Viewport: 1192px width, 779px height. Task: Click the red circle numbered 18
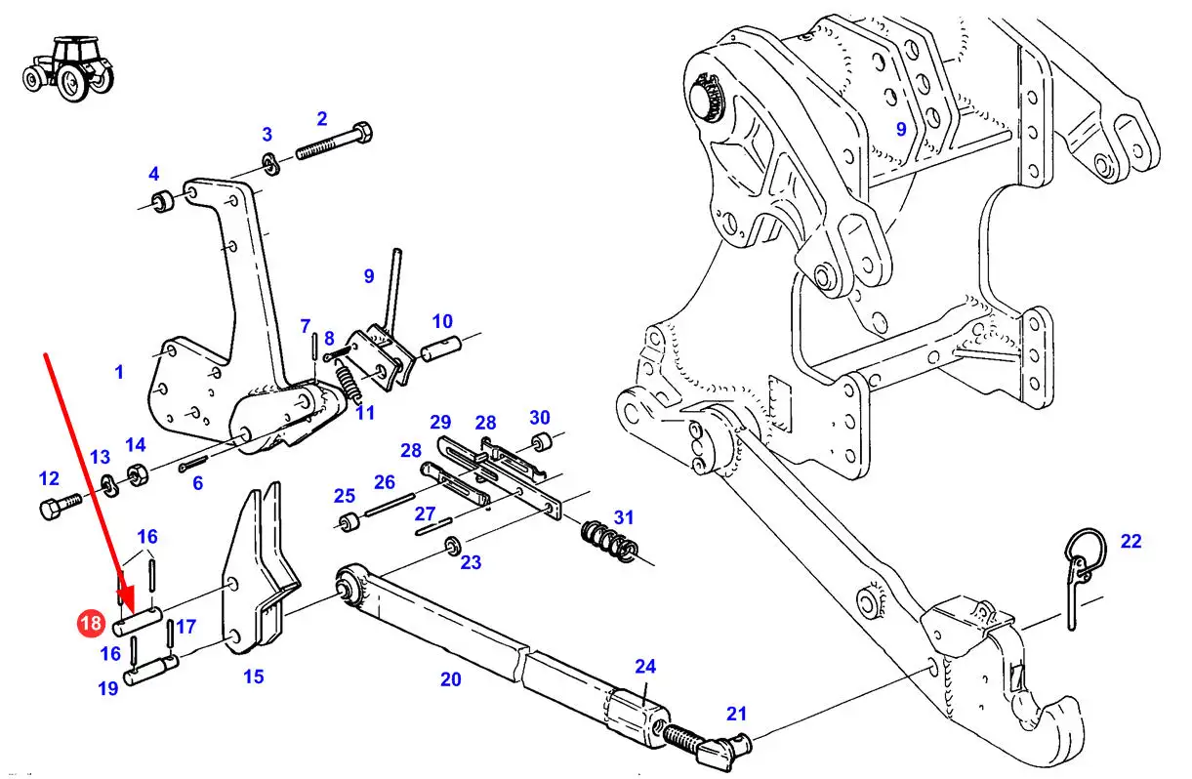click(91, 623)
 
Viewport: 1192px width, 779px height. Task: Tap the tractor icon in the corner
click(68, 68)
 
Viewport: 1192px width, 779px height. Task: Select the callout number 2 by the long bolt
click(322, 119)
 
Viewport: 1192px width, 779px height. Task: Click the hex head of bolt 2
click(362, 132)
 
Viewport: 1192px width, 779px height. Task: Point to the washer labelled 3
click(271, 164)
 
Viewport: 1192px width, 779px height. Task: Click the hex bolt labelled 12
click(61, 506)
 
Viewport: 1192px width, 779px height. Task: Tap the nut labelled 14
click(138, 474)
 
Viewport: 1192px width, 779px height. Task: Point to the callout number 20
click(450, 679)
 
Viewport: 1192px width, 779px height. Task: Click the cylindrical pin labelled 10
click(441, 348)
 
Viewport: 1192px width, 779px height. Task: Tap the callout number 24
click(645, 666)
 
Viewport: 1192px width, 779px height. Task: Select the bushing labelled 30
click(542, 443)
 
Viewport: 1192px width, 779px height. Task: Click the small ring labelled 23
click(453, 547)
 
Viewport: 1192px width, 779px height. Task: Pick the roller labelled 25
click(349, 522)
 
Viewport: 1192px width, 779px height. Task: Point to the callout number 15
click(253, 676)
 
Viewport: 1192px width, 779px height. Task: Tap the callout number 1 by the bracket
click(119, 372)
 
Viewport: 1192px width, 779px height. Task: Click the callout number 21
click(736, 713)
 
